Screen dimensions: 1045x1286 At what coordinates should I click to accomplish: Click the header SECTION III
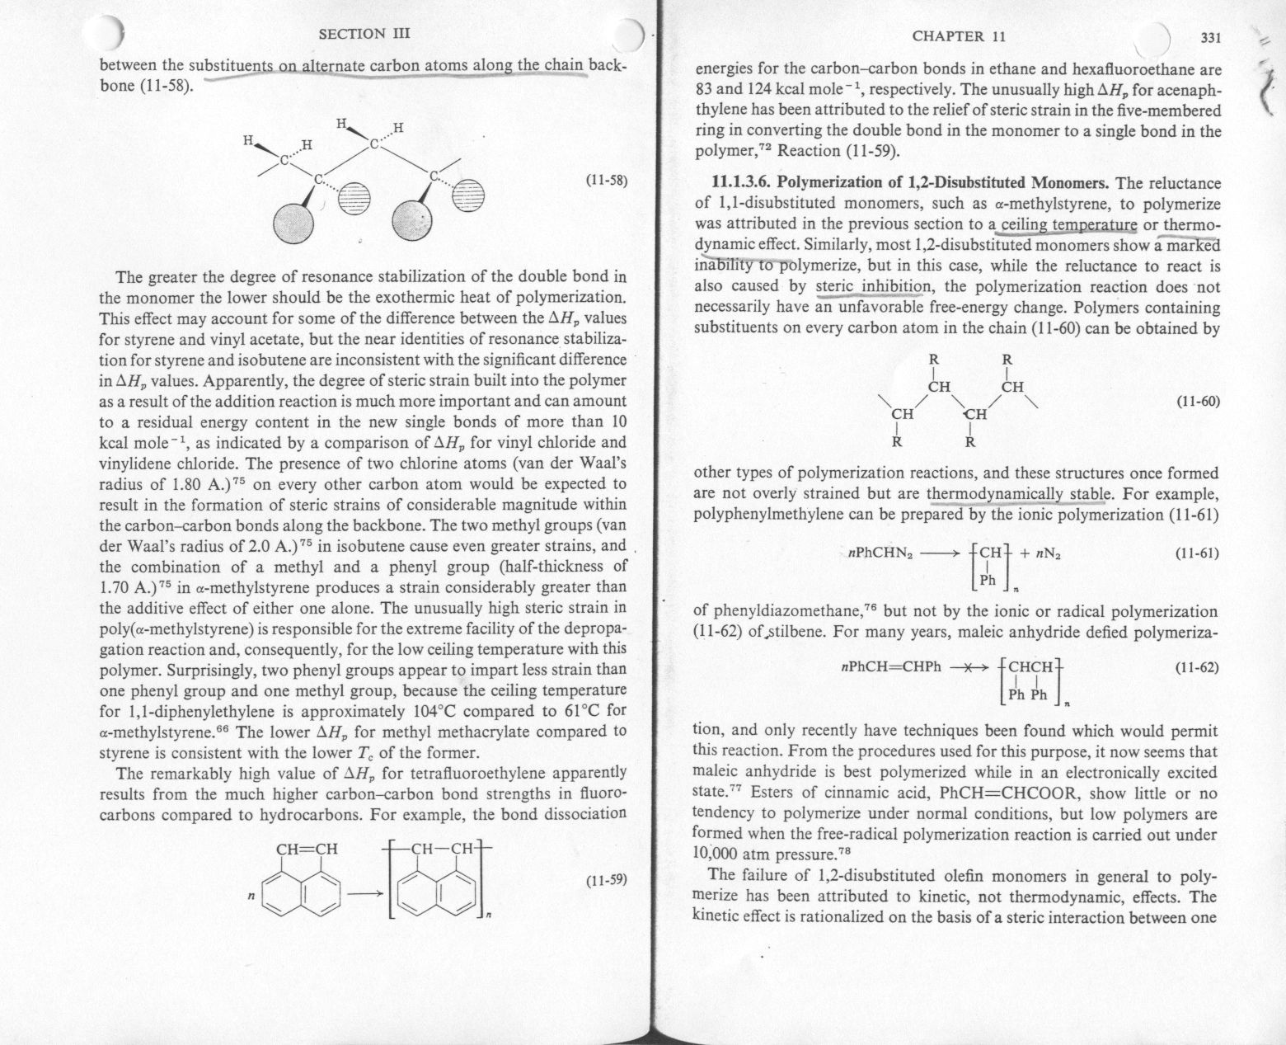pyautogui.click(x=364, y=34)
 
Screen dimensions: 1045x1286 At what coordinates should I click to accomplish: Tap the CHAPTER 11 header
pyautogui.click(x=959, y=35)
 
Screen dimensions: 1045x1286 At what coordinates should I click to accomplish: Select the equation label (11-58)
pyautogui.click(x=607, y=180)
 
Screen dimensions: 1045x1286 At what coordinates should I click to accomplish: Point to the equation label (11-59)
pyautogui.click(x=607, y=880)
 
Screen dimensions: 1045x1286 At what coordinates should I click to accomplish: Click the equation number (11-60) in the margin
pyautogui.click(x=1196, y=402)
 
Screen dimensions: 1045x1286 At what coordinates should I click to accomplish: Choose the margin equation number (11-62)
pyautogui.click(x=1196, y=666)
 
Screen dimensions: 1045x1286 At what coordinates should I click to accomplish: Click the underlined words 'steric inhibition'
pyautogui.click(x=873, y=287)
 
